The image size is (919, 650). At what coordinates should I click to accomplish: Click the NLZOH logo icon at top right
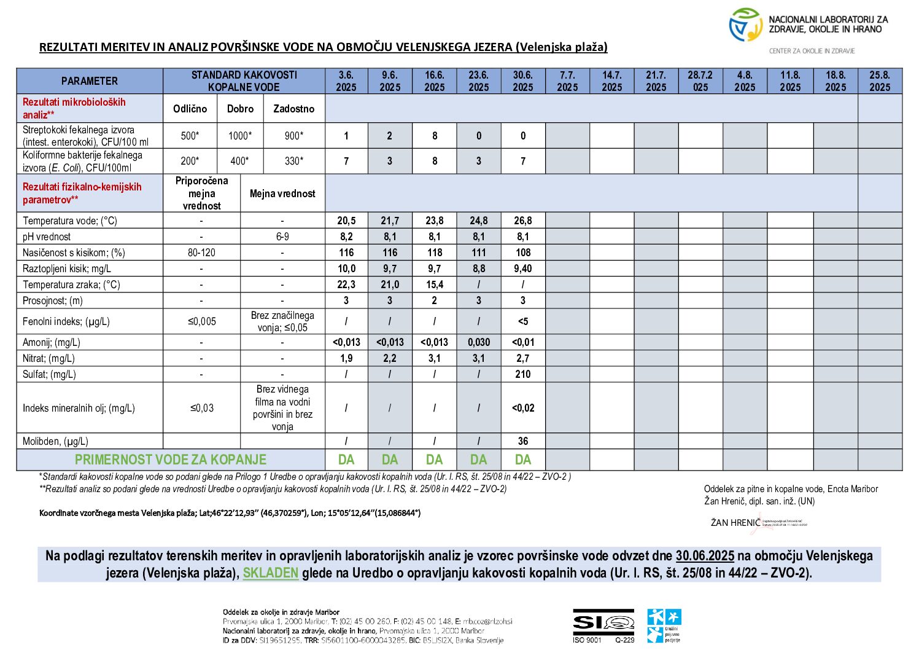point(745,25)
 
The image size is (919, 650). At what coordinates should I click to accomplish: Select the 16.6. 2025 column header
point(434,81)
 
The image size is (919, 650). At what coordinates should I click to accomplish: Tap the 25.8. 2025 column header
point(879,81)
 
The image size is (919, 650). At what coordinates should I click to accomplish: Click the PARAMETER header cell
point(90,81)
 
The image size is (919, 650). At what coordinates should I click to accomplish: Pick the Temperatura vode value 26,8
point(522,221)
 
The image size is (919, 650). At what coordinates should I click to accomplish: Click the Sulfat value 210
point(522,374)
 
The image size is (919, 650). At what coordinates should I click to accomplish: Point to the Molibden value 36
point(522,441)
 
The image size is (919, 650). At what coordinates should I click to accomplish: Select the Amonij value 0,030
point(478,342)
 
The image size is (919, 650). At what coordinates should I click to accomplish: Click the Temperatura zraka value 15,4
point(434,284)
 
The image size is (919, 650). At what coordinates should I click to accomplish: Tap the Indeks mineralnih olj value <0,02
point(522,408)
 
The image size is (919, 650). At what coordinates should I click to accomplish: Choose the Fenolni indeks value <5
point(522,321)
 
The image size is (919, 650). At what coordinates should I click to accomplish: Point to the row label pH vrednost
point(47,237)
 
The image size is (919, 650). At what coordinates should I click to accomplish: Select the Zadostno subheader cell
point(293,109)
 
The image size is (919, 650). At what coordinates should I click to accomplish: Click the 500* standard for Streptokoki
point(190,136)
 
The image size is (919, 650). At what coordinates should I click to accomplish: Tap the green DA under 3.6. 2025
point(346,460)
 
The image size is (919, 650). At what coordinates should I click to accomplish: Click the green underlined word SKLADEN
point(270,573)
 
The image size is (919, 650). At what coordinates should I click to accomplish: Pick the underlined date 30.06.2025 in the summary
point(704,556)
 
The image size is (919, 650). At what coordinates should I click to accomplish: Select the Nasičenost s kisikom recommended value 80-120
point(201,253)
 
